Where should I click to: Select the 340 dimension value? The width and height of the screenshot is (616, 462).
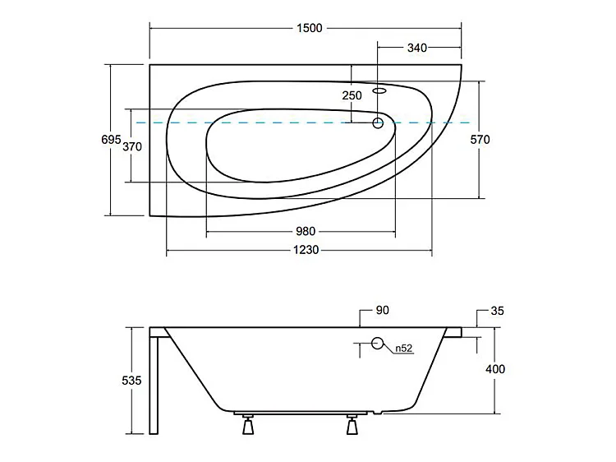416,48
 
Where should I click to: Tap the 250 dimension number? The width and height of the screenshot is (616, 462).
352,95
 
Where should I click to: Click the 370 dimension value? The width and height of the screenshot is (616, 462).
133,146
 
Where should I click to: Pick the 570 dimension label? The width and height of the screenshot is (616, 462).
480,140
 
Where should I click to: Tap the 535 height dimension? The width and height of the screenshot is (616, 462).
133,381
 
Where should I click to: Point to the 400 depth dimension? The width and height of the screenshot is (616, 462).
495,369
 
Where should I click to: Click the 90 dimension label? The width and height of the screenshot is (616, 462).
382,310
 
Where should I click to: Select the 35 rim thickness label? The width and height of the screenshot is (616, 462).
496,311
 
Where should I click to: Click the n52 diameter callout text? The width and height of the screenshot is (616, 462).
403,349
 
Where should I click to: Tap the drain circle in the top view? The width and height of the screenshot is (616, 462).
378,123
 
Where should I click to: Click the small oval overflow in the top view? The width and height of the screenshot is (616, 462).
380,91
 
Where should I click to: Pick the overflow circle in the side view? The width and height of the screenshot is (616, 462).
379,344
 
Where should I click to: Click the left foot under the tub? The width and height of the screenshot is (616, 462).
246,427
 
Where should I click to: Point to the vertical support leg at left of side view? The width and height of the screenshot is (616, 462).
154,381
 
